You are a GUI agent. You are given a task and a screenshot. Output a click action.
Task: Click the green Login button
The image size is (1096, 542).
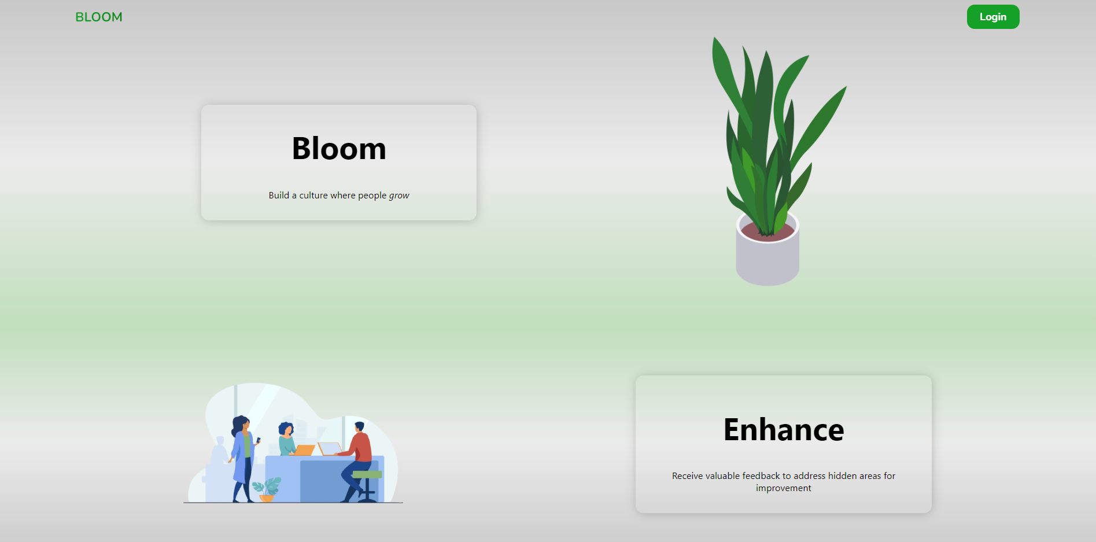tap(993, 17)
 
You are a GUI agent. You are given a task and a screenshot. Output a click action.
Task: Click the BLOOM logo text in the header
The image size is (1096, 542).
tap(99, 17)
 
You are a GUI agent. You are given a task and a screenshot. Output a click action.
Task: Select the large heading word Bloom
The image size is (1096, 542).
tap(339, 149)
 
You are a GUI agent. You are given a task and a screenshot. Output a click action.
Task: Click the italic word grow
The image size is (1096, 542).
tap(399, 196)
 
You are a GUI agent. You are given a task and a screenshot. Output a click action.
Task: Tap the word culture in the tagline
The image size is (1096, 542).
tap(313, 196)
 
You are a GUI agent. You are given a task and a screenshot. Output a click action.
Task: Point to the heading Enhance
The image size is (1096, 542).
tap(784, 430)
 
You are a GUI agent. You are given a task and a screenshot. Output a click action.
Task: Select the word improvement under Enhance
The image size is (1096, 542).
tap(784, 488)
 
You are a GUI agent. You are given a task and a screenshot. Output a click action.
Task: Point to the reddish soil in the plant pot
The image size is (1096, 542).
tap(767, 232)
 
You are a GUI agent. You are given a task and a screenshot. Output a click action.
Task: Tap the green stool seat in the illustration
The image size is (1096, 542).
tap(367, 475)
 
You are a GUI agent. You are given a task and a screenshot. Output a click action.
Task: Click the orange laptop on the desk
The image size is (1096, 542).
tap(304, 450)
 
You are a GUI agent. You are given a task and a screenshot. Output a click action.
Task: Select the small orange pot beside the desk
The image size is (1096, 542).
tap(267, 497)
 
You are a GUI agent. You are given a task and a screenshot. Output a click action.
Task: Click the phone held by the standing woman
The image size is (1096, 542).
tap(259, 440)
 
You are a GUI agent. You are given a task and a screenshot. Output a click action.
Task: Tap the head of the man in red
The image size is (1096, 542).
tap(359, 427)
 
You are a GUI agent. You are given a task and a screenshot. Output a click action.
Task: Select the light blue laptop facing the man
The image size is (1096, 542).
tap(330, 448)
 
